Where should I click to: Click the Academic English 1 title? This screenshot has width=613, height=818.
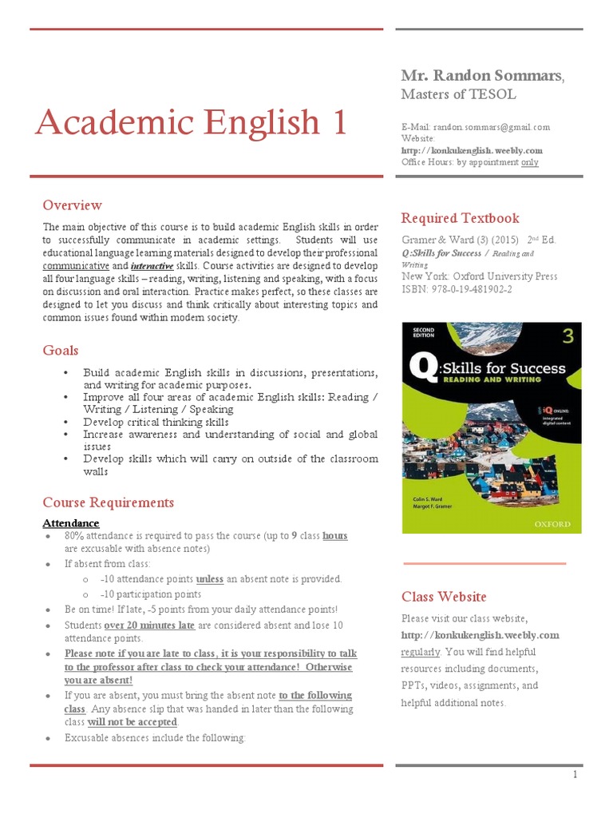(x=192, y=122)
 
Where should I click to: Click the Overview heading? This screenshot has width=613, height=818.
(x=72, y=205)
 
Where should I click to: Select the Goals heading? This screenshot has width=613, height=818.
(x=61, y=350)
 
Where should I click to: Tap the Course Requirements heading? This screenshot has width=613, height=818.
(x=108, y=502)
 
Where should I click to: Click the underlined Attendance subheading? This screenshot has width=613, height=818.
(x=71, y=523)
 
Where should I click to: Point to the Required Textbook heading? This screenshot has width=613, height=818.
(x=460, y=218)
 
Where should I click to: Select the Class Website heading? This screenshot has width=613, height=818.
(x=443, y=597)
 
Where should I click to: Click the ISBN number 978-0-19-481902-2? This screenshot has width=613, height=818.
(x=457, y=289)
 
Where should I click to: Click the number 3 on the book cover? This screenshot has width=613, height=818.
(x=568, y=336)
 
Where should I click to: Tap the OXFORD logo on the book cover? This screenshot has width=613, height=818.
(x=552, y=524)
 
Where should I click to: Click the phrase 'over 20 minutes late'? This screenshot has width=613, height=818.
(x=149, y=625)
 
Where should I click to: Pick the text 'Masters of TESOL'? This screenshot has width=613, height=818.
(x=458, y=94)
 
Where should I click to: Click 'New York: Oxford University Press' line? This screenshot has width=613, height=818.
(x=479, y=276)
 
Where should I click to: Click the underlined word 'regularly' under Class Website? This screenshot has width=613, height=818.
(x=420, y=652)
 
